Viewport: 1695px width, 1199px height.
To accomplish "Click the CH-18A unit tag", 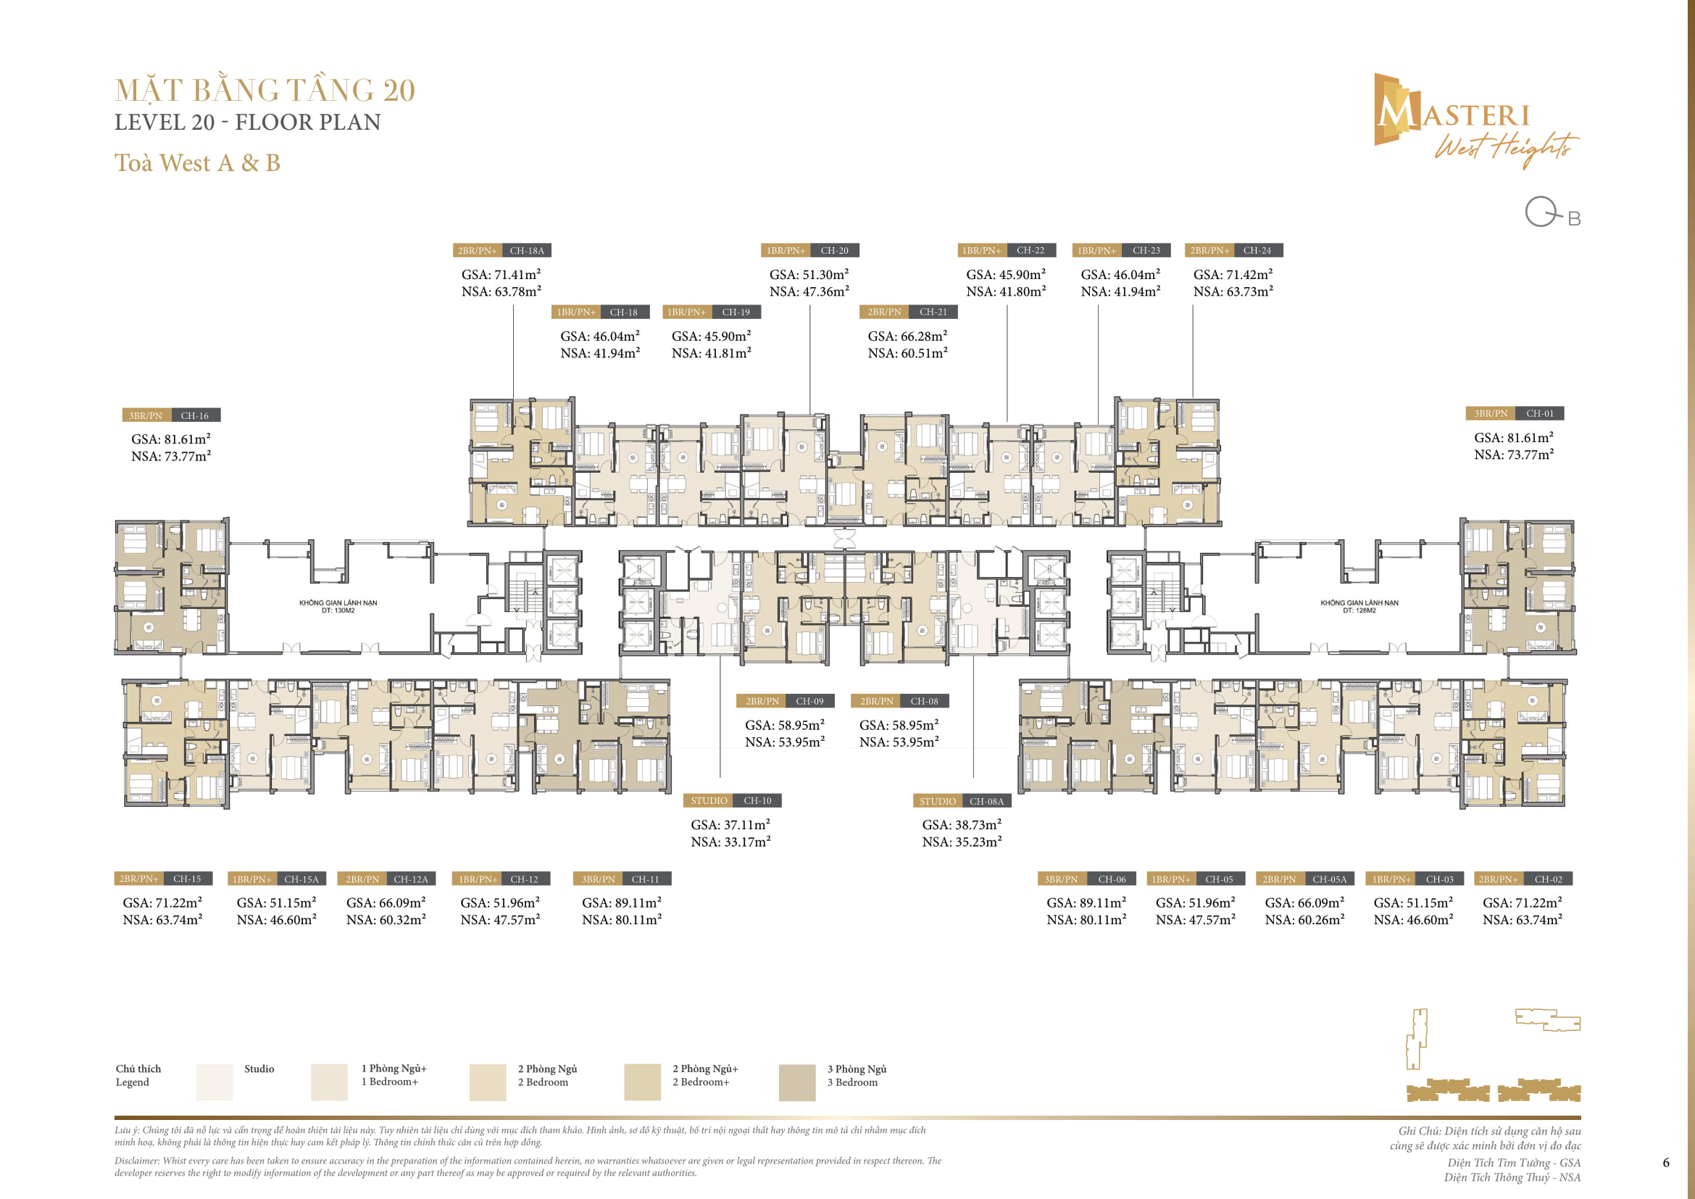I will pos(502,251).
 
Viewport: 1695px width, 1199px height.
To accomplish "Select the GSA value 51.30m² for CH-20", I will pos(809,275).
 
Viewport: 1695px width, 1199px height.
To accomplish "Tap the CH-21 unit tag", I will pos(909,312).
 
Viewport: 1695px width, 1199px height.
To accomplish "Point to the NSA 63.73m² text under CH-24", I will pos(1233,291).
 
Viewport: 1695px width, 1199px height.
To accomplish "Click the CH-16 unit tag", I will pos(171,415).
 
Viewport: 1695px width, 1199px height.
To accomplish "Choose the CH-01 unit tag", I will pos(1515,414).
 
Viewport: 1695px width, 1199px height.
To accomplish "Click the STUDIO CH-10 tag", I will pos(733,801).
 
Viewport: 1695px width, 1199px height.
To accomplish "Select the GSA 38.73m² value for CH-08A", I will pos(961,825).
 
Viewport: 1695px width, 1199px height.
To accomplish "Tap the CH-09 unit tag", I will pos(785,702).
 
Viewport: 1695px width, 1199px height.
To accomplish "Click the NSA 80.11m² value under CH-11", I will pos(622,920).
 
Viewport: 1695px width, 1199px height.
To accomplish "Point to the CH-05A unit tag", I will pos(1305,879).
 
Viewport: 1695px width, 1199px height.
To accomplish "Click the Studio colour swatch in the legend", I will pos(214,1082).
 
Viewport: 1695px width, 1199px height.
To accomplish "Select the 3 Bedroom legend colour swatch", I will pos(797,1082).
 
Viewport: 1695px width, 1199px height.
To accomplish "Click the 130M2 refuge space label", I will pos(338,607).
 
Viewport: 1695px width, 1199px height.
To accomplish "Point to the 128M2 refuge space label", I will pos(1359,607).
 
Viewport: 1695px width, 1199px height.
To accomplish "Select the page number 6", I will pos(1666,1163).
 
